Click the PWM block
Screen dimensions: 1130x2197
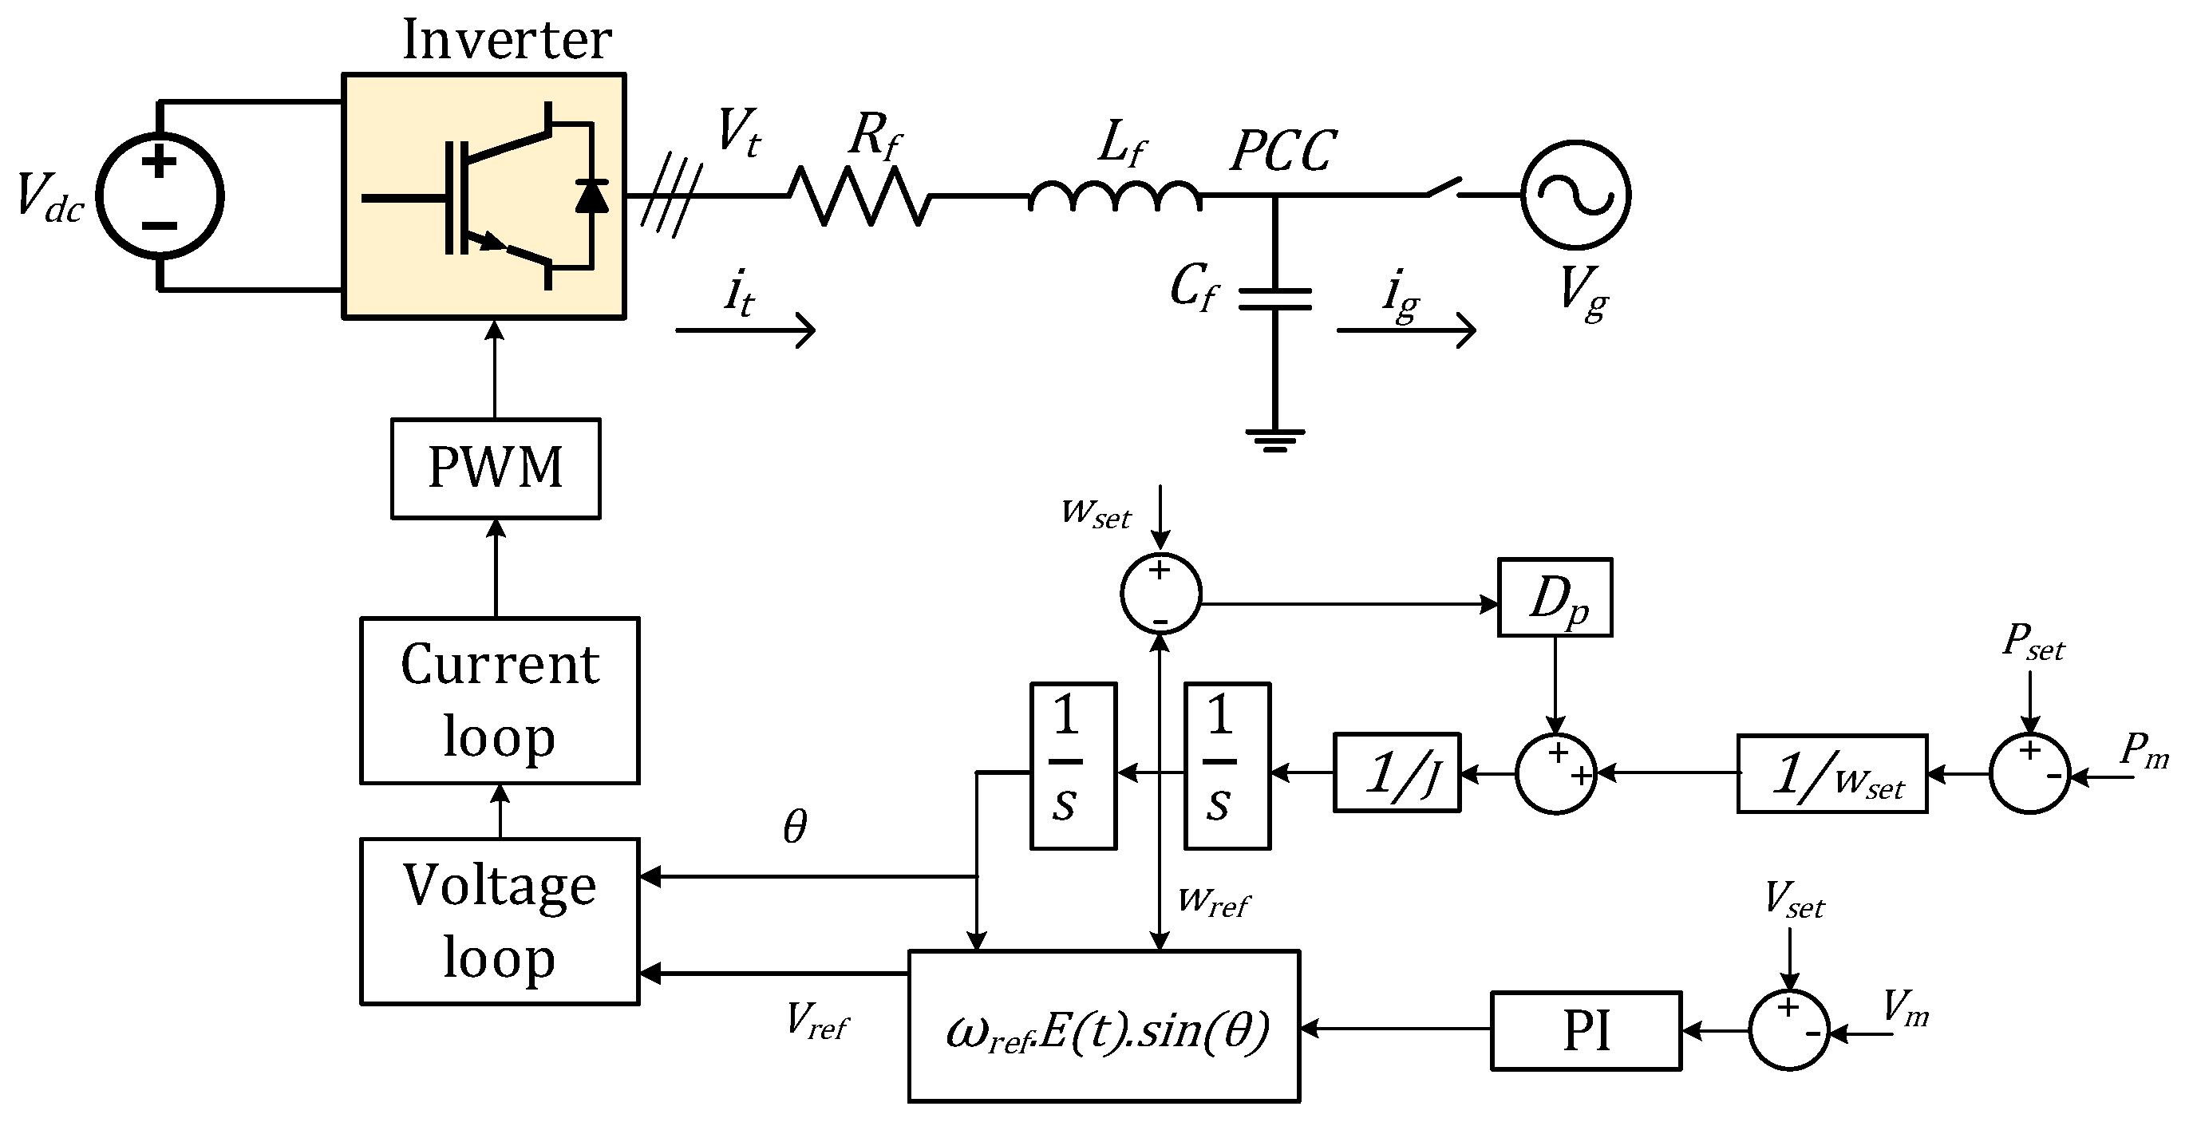[496, 468]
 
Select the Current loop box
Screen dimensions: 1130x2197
[500, 700]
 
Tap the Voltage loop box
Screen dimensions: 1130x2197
[500, 921]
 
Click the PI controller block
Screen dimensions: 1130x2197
[1586, 1030]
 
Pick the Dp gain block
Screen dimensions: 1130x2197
[1555, 598]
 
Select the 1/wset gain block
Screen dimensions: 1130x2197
[1832, 773]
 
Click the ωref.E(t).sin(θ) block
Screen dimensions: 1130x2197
[1104, 1026]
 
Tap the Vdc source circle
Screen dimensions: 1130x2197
[160, 196]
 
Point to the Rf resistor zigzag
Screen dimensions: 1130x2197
[858, 196]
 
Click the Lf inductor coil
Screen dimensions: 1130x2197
[1115, 196]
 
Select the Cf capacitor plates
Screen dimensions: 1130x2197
[1274, 299]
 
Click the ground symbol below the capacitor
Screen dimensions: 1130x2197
[1274, 439]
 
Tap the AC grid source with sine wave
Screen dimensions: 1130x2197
[1576, 196]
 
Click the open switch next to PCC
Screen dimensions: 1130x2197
[1444, 188]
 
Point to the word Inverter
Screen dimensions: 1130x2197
[507, 39]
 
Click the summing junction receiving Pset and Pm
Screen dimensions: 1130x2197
[2030, 773]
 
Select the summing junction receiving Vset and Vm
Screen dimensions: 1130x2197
[1789, 1030]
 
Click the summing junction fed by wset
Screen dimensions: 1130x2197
[1160, 594]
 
